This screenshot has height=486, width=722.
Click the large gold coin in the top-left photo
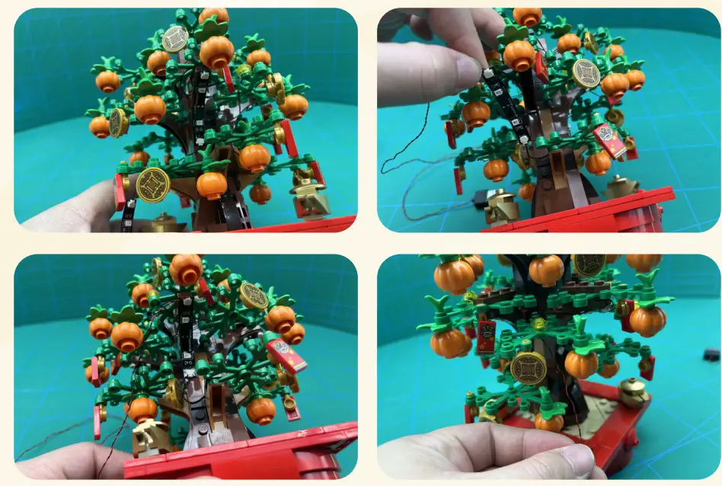(x=152, y=184)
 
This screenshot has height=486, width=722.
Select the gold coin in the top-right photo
(x=585, y=73)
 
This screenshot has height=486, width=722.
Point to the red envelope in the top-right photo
(x=614, y=140)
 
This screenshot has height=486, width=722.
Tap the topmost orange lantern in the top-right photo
(x=527, y=16)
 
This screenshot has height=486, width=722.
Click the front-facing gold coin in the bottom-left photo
(x=254, y=296)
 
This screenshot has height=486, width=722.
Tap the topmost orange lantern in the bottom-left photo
(x=185, y=269)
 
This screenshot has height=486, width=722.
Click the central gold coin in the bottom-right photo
(x=528, y=369)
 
